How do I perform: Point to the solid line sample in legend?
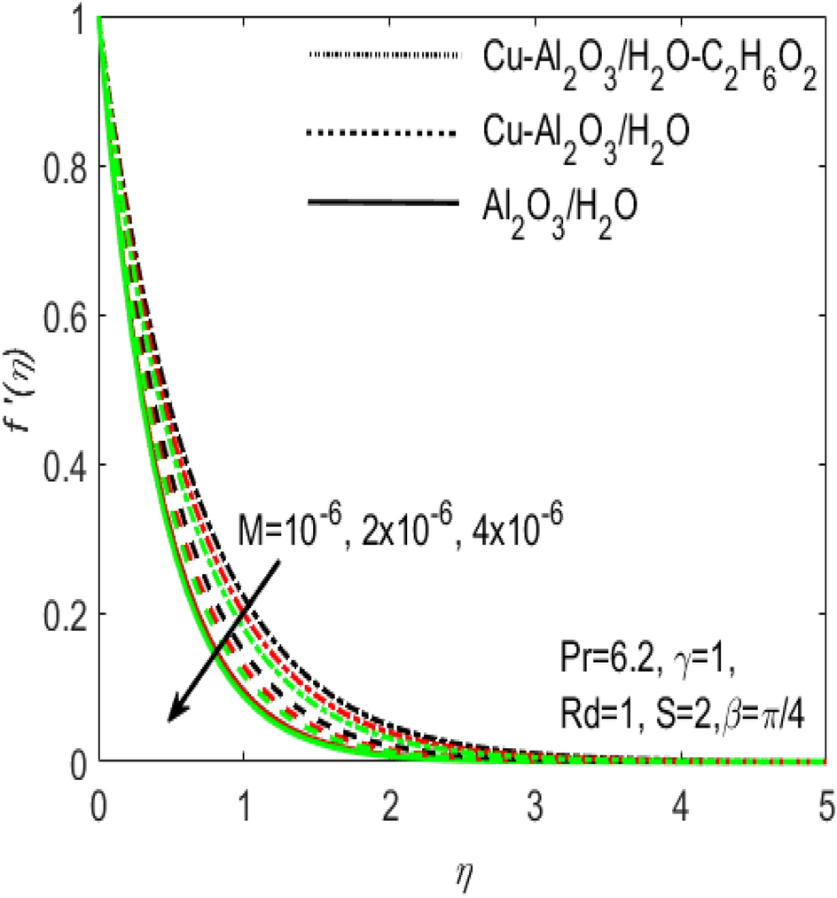[x=382, y=203]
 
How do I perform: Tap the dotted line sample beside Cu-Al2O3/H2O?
[x=382, y=133]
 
